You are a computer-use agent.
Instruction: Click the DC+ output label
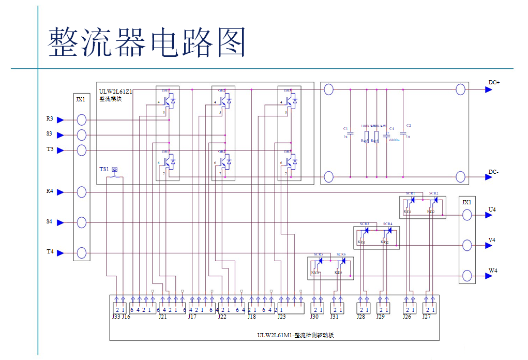[x=493, y=82]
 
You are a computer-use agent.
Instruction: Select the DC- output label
[x=493, y=172]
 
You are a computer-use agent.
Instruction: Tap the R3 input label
[x=50, y=119]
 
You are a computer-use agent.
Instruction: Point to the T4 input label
[x=50, y=252]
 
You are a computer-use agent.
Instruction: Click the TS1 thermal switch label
[x=104, y=170]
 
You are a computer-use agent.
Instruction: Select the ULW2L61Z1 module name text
[x=116, y=92]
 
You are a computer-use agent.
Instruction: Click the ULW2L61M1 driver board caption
[x=295, y=335]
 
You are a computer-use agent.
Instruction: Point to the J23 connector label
[x=281, y=317]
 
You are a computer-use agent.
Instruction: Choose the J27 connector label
[x=427, y=317]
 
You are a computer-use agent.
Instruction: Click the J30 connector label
[x=314, y=317]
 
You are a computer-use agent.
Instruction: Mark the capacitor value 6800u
[x=395, y=140]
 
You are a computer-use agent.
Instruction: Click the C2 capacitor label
[x=409, y=126]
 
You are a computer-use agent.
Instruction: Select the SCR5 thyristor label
[x=318, y=254]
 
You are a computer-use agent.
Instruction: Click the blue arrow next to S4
[x=61, y=222]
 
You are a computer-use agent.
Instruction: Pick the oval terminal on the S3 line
[x=81, y=135]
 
